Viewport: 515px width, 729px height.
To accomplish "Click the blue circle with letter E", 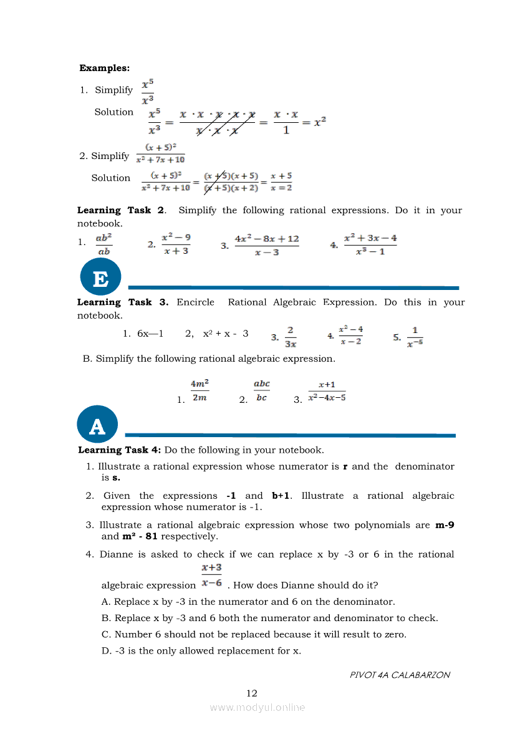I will (x=100, y=278).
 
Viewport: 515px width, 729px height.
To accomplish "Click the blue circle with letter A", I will (x=97, y=426).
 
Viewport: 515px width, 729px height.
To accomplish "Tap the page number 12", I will (x=252, y=693).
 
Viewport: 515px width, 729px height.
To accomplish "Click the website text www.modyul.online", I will (x=257, y=707).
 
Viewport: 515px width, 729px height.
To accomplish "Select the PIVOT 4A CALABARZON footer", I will (x=400, y=674).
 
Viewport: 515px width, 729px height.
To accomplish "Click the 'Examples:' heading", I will (x=105, y=68).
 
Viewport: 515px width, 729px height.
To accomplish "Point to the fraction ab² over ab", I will (x=103, y=244).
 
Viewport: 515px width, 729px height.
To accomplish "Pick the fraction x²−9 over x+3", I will (x=176, y=244).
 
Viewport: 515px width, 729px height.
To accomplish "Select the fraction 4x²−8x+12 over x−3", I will (x=266, y=245).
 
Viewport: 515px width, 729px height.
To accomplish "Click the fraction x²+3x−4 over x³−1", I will (x=370, y=244).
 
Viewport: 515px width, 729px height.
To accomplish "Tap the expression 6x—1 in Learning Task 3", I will (x=150, y=334).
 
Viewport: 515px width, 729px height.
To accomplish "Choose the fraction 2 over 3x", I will (x=291, y=336).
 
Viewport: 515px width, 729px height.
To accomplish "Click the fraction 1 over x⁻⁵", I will (x=415, y=336).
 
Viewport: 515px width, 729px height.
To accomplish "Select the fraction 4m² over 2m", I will (x=200, y=390).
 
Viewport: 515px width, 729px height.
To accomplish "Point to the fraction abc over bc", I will (x=262, y=390).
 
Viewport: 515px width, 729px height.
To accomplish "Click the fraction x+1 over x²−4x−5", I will (x=327, y=392).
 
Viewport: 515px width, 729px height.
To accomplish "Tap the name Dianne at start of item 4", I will (x=116, y=554).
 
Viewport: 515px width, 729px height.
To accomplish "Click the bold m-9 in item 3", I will (x=445, y=525).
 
